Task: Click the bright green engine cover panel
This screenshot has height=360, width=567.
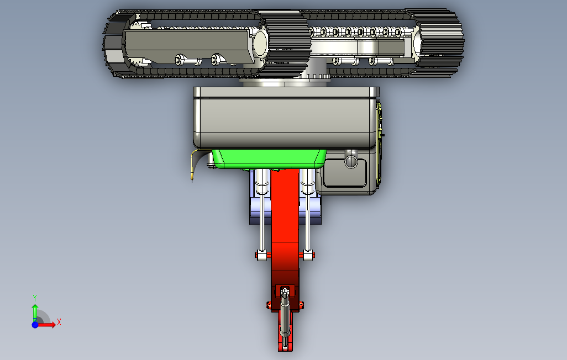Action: [269, 159]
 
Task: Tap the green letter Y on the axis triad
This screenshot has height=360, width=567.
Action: [35, 298]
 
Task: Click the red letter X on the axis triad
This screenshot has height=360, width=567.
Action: [59, 322]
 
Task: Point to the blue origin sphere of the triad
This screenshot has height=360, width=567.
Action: [35, 325]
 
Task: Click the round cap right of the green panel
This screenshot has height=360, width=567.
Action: [351, 161]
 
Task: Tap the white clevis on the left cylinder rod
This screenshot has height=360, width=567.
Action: [262, 255]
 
